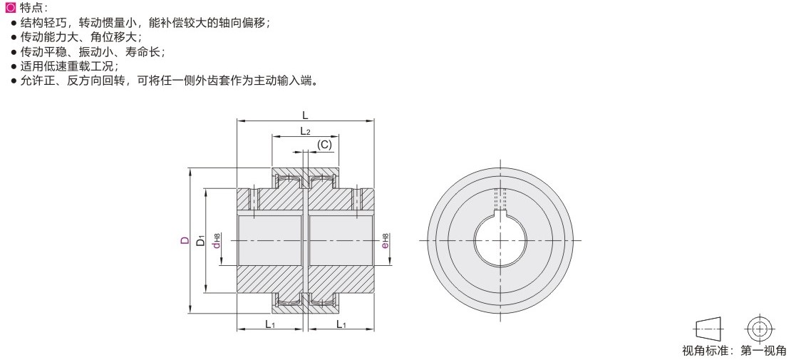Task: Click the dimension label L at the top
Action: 305,115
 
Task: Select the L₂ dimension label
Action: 305,131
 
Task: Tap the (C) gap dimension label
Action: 324,145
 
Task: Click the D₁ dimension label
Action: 201,240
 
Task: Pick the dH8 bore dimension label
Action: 217,241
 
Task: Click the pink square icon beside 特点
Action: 10,8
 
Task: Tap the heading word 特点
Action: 30,8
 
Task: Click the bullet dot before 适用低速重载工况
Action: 14,66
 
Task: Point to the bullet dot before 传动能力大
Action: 14,37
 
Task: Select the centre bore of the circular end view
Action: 500,240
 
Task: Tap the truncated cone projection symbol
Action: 709,329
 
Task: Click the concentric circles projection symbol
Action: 758,329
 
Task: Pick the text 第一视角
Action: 763,351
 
